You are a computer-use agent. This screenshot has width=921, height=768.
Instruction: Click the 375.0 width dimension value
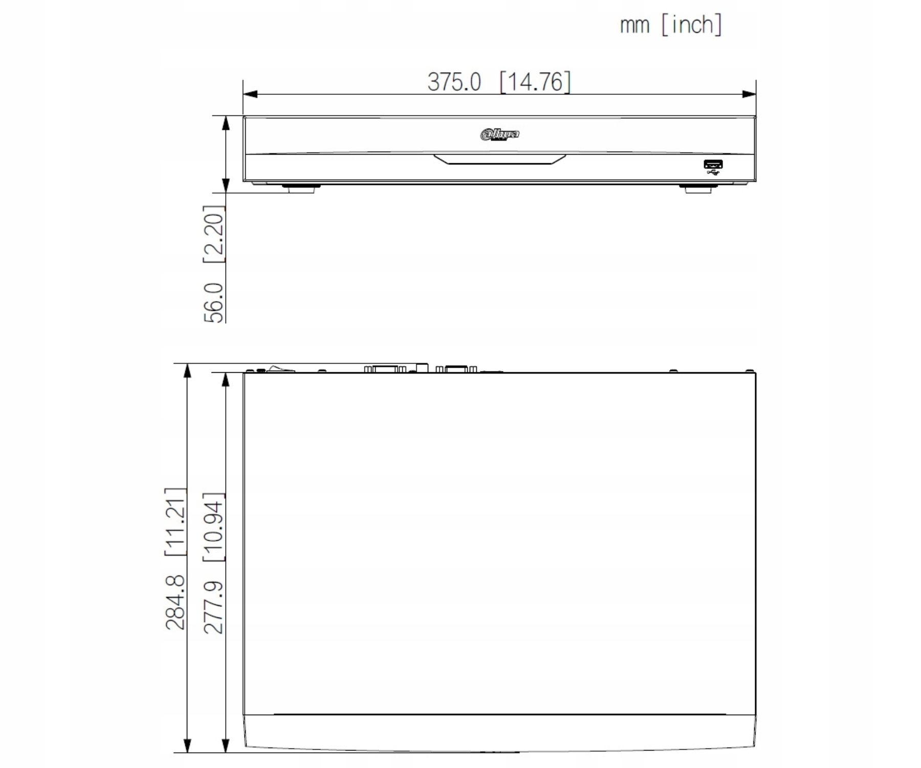(454, 82)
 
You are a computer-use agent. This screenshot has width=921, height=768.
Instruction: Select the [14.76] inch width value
(535, 82)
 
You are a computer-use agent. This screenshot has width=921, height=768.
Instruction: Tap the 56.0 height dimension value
(214, 303)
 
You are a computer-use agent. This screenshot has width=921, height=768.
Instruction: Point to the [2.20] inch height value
(214, 234)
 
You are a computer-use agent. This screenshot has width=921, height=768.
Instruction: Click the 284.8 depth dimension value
(175, 602)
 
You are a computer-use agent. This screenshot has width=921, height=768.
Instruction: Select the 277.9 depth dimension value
(214, 607)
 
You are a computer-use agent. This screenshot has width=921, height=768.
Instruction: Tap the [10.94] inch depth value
(214, 527)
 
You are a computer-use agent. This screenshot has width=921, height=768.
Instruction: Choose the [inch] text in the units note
(692, 25)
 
